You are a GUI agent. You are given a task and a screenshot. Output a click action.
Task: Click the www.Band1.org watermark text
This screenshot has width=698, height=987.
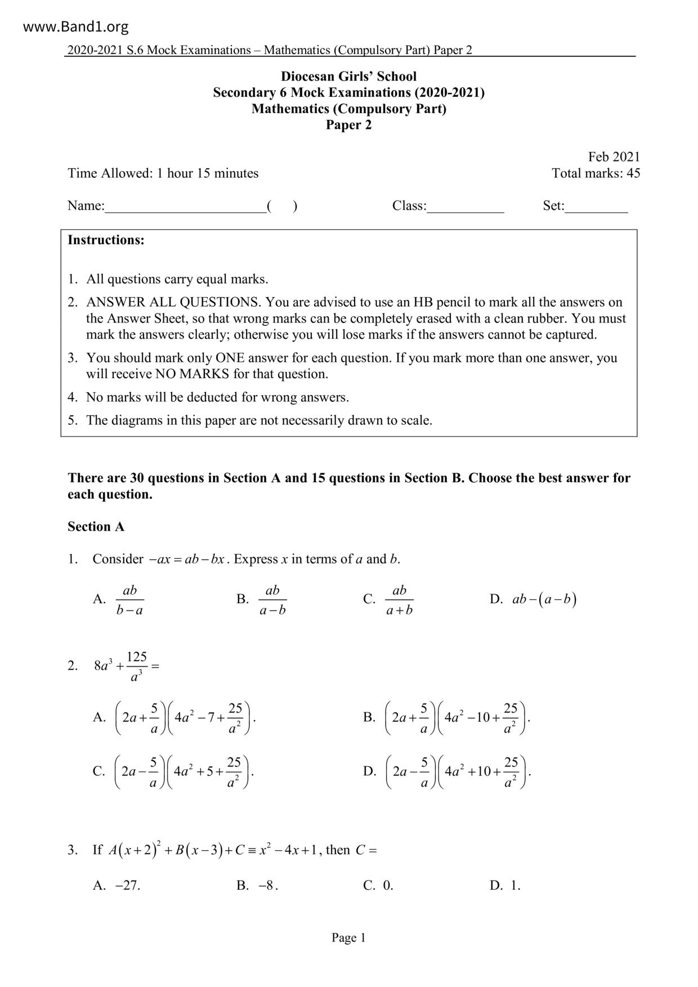coord(76,26)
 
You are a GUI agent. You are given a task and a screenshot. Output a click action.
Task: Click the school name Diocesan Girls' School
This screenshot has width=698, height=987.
coord(348,77)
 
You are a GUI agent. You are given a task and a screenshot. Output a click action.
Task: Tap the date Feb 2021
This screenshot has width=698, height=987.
coord(614,157)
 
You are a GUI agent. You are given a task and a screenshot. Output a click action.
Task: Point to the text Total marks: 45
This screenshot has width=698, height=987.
coord(596,173)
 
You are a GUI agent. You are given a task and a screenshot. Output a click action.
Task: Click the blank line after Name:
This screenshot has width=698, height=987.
coord(186,207)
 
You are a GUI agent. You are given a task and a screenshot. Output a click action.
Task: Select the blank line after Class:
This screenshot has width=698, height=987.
coord(466,207)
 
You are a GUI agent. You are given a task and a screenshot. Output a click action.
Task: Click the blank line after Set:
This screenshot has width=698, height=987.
coord(596,207)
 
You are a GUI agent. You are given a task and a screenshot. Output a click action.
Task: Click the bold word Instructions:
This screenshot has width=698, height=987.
coord(106,240)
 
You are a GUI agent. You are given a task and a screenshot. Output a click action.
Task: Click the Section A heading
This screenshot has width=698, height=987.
coord(96,527)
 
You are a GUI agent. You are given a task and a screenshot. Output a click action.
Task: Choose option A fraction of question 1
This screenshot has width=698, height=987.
coord(129,600)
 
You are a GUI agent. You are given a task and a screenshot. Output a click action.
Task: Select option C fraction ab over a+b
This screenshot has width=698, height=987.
coord(399,600)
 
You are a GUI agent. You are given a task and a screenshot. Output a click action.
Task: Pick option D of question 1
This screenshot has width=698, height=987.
coord(544,599)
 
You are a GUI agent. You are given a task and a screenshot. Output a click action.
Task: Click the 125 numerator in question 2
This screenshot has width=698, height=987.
coord(137,657)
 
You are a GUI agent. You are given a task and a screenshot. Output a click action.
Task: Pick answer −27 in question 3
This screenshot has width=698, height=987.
coord(128,885)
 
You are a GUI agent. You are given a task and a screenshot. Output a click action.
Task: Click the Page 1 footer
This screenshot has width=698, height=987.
coord(348,937)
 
